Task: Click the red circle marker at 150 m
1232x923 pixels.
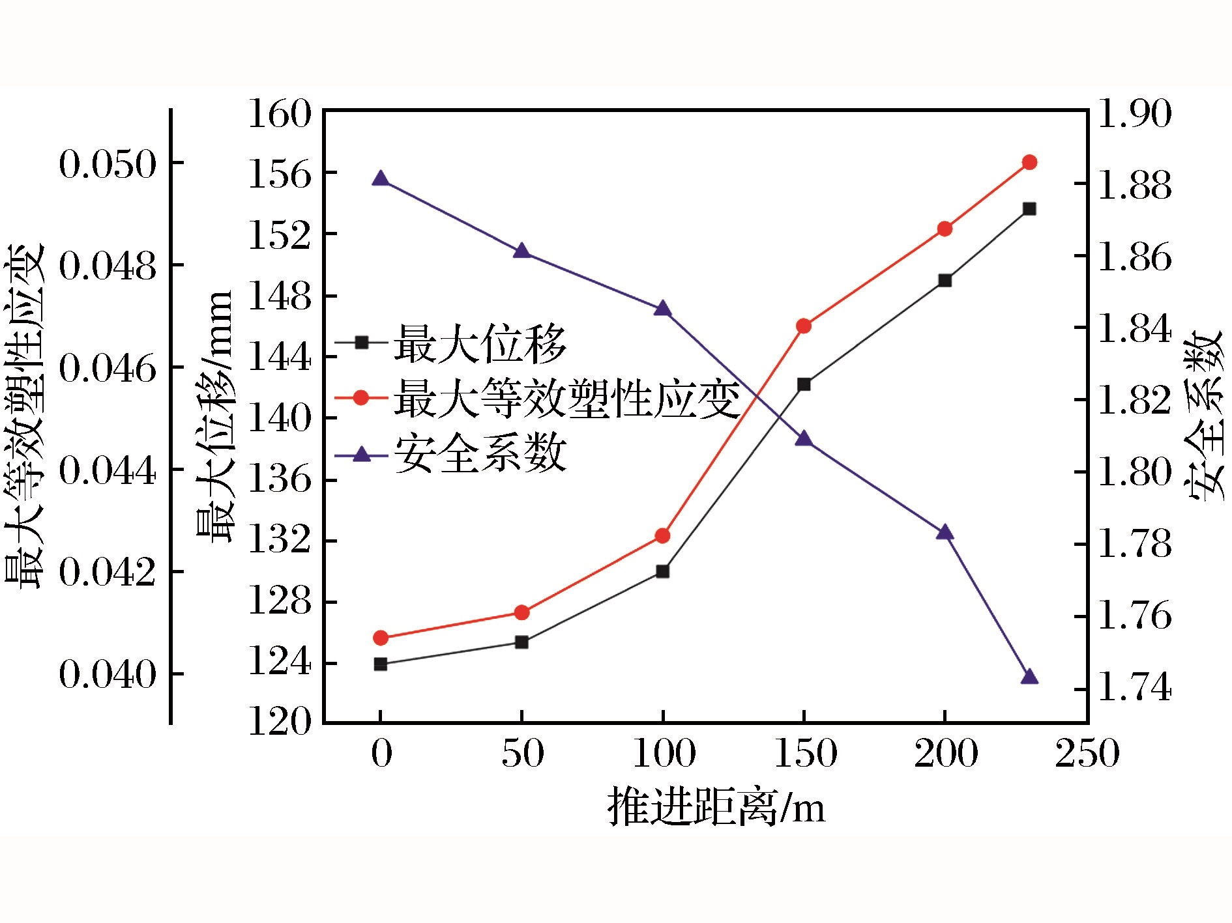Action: pos(804,326)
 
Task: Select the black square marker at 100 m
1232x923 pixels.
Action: pos(662,571)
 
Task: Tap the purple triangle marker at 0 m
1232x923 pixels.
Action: pos(381,180)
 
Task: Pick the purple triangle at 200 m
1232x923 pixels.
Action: pos(945,533)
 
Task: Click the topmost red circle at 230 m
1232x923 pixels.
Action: pos(1029,162)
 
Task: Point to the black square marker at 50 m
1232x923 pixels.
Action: pos(521,642)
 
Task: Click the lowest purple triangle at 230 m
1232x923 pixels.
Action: pos(1029,677)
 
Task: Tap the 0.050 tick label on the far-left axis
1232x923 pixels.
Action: pos(108,163)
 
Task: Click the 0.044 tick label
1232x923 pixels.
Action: pos(108,470)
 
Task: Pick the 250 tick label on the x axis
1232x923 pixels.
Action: pos(1087,754)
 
